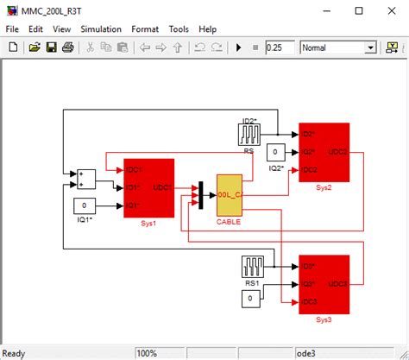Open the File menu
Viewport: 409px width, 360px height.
(12, 28)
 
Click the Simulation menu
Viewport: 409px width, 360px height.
(101, 28)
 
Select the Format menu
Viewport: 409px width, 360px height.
(145, 28)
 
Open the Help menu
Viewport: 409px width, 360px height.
(207, 28)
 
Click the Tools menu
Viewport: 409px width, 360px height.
(179, 28)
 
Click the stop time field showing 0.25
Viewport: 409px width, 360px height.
(280, 47)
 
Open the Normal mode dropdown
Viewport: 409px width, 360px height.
(370, 47)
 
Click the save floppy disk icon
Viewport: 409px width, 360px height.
(52, 47)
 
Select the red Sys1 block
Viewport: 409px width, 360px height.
(148, 187)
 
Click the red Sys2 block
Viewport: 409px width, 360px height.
(324, 152)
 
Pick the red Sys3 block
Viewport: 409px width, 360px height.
(324, 281)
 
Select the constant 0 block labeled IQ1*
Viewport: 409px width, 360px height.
(84, 205)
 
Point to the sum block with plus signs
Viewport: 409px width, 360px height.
(86, 179)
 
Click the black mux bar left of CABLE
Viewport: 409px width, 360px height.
(200, 194)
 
